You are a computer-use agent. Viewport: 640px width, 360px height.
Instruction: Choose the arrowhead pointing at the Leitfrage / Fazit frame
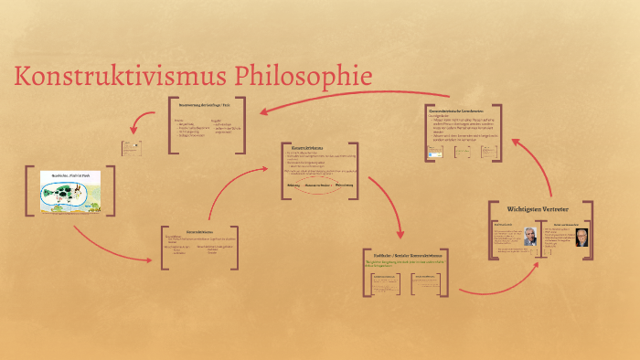pyautogui.click(x=263, y=111)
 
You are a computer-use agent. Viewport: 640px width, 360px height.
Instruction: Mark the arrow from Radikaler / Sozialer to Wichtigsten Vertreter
pyautogui.click(x=494, y=285)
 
